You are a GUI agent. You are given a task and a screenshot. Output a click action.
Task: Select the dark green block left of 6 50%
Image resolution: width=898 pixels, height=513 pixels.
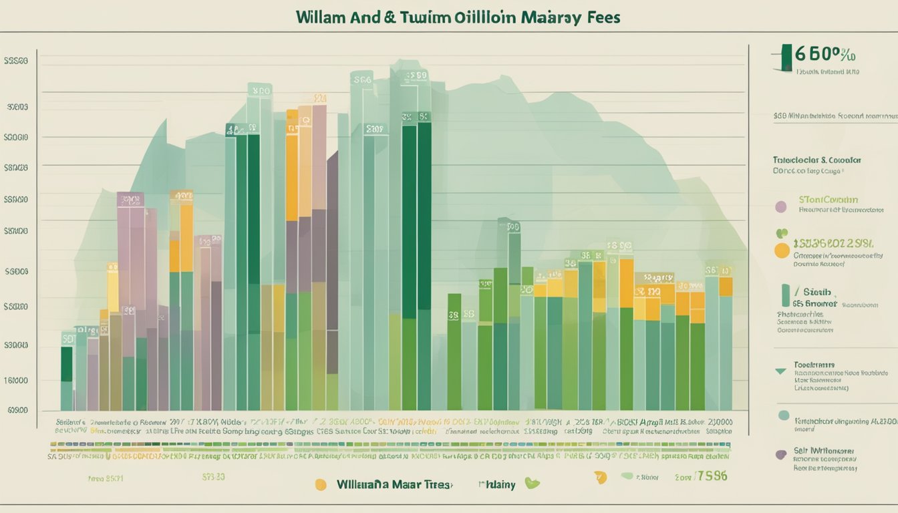point(786,57)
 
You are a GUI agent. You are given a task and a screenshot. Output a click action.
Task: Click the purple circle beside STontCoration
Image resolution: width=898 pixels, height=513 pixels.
point(780,206)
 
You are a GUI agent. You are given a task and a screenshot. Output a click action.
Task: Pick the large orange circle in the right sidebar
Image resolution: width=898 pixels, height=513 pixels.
point(781,250)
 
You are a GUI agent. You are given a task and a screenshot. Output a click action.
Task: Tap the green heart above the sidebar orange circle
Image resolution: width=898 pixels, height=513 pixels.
point(781,234)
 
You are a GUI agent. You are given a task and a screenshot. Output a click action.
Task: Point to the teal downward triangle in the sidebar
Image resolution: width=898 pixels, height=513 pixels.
point(780,371)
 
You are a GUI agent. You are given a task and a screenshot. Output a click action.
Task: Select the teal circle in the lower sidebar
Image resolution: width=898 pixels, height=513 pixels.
point(784,415)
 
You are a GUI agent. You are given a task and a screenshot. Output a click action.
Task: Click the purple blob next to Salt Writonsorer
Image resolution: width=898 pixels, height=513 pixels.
point(780,454)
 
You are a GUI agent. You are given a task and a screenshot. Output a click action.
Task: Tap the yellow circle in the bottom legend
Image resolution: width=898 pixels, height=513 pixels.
point(321,484)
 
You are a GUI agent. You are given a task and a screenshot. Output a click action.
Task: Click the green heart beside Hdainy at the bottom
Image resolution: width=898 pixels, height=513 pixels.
point(533,483)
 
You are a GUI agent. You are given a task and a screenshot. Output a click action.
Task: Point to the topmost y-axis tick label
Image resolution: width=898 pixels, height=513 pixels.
point(16,61)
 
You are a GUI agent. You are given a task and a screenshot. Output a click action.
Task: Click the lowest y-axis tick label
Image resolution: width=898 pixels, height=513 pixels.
point(17,410)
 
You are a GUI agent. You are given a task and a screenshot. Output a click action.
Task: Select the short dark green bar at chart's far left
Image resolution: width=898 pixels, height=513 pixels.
point(66,364)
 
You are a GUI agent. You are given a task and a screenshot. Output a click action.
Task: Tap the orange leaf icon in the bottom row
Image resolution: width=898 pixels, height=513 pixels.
point(599,476)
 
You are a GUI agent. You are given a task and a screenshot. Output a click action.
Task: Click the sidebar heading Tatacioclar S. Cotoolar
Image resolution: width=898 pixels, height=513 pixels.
point(816,160)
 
